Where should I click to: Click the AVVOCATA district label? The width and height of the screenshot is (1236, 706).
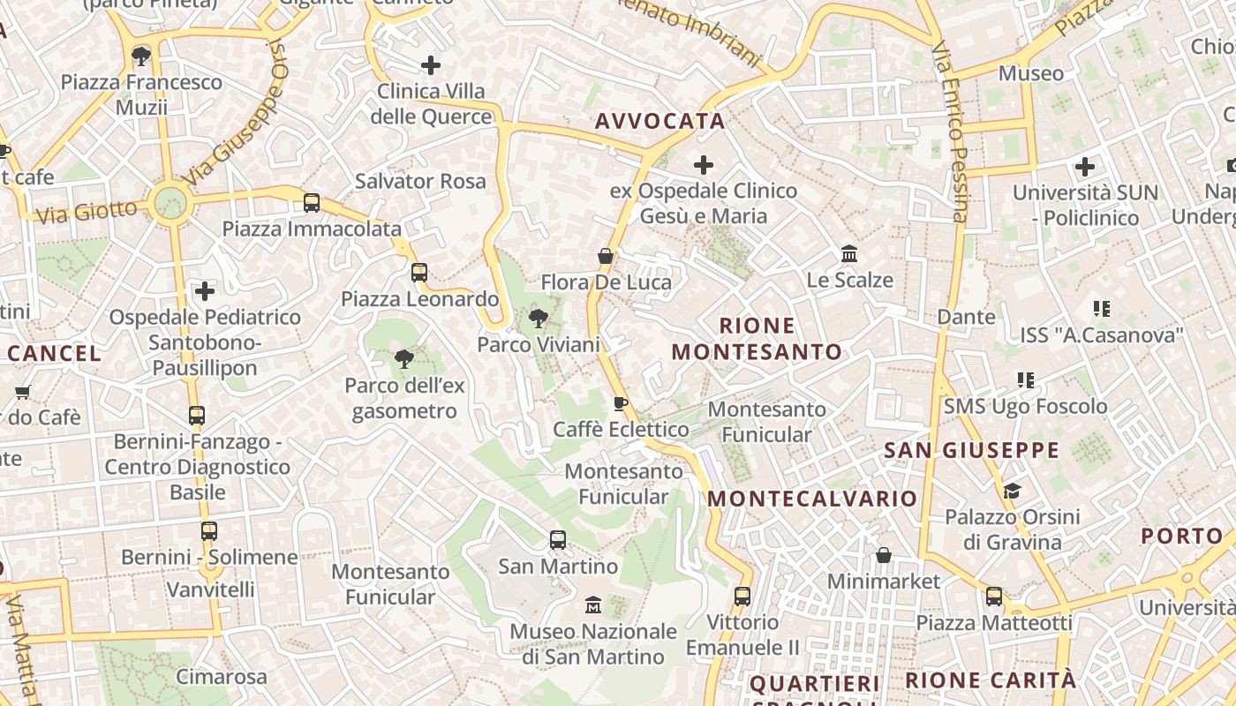pyautogui.click(x=659, y=121)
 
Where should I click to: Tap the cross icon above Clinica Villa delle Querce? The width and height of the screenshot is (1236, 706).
pyautogui.click(x=431, y=64)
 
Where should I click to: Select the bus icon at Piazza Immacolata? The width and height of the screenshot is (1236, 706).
pyautogui.click(x=312, y=203)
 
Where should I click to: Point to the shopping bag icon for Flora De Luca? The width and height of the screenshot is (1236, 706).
pyautogui.click(x=606, y=256)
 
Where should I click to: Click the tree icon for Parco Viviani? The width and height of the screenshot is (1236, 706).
pyautogui.click(x=538, y=318)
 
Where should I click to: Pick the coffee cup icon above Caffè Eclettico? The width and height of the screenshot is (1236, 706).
pyautogui.click(x=621, y=403)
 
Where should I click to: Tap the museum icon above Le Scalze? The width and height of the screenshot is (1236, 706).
pyautogui.click(x=849, y=254)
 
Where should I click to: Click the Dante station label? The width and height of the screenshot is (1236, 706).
pyautogui.click(x=966, y=316)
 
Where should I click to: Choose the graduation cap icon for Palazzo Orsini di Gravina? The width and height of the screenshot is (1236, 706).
pyautogui.click(x=1012, y=491)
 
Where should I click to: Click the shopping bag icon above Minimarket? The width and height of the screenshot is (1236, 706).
pyautogui.click(x=883, y=555)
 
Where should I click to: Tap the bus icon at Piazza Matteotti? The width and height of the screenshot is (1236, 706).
pyautogui.click(x=994, y=597)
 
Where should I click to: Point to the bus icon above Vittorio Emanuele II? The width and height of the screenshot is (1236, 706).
pyautogui.click(x=742, y=596)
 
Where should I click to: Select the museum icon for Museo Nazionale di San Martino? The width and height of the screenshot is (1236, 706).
pyautogui.click(x=593, y=605)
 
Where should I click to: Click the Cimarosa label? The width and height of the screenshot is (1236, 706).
pyautogui.click(x=222, y=677)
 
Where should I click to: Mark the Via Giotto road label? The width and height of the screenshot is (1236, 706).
pyautogui.click(x=87, y=212)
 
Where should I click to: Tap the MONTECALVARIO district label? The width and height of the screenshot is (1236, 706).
pyautogui.click(x=812, y=499)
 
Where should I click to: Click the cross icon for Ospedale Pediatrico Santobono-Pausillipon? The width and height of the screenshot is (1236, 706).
pyautogui.click(x=205, y=290)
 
